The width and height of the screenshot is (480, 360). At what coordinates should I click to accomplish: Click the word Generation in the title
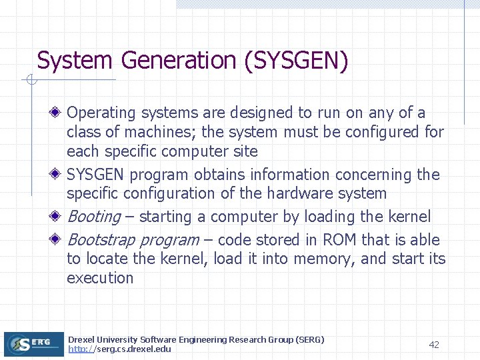click(x=179, y=61)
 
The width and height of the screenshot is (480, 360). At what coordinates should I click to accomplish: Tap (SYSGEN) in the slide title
click(x=297, y=61)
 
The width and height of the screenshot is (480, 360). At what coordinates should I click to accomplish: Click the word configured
click(x=379, y=132)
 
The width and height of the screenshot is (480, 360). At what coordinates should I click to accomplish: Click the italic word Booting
click(x=94, y=217)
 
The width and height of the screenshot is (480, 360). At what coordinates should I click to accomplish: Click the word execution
click(x=100, y=278)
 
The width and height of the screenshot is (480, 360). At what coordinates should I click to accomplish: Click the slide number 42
click(x=434, y=345)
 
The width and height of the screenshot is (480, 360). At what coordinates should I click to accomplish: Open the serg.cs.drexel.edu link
click(x=119, y=349)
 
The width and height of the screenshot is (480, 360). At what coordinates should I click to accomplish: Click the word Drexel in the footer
click(x=81, y=340)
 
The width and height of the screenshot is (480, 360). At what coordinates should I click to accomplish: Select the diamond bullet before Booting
click(x=58, y=217)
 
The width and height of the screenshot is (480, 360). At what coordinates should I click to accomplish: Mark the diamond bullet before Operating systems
click(x=58, y=113)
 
